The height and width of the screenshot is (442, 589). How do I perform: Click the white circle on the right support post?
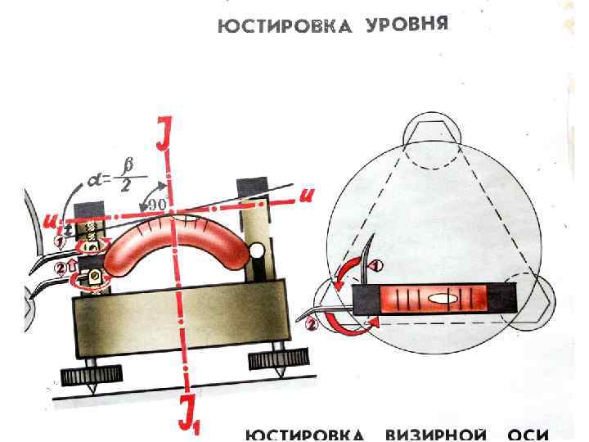coord(257,249)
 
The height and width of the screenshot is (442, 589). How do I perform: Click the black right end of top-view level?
coord(506,300)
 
